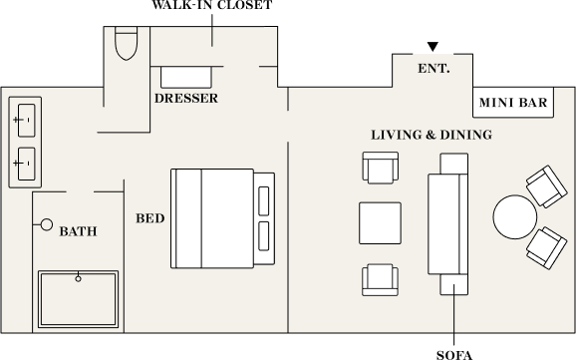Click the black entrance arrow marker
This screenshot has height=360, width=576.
point(432,46)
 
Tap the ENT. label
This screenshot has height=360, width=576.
point(433,69)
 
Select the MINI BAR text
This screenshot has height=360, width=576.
point(513,103)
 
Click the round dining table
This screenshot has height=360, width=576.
point(514,217)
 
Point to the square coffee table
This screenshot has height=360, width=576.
point(380,222)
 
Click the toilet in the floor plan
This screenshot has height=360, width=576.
point(126,44)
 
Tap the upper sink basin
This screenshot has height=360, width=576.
point(27,121)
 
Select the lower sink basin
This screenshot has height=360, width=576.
point(27,164)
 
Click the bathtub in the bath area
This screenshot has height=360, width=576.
point(79,299)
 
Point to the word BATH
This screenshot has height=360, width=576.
point(79,231)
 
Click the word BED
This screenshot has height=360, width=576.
point(149,218)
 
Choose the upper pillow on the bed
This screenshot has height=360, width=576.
point(264,200)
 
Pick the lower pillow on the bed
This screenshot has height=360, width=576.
point(264,236)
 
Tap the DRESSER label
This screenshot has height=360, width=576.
point(186,98)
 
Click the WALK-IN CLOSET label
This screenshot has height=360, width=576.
point(212,5)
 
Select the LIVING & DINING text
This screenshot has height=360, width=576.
point(432,135)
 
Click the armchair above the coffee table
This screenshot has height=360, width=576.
point(381,168)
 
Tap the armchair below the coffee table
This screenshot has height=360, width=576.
point(381,280)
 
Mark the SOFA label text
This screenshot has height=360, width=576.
point(454,355)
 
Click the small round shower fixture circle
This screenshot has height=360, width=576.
point(46,224)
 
